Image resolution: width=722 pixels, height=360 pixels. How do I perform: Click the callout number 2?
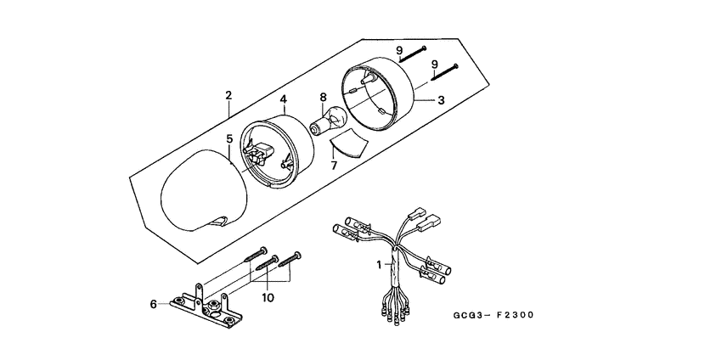(228, 95)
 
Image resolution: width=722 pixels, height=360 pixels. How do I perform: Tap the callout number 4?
(283, 98)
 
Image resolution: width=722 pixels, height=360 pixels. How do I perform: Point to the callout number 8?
(323, 98)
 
